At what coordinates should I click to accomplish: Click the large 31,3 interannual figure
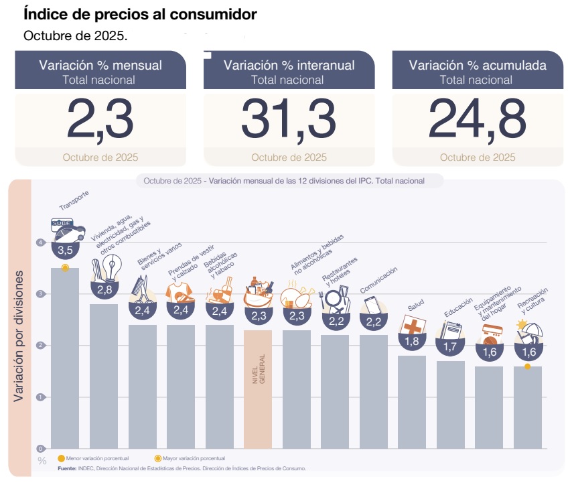(x=289, y=119)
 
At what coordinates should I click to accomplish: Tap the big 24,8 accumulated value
(x=477, y=119)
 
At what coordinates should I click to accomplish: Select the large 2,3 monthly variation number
(x=100, y=119)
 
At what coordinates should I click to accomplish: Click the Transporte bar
(x=65, y=358)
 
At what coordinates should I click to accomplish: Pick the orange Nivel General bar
(x=258, y=389)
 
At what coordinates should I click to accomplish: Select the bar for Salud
(x=412, y=402)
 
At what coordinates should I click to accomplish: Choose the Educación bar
(x=451, y=405)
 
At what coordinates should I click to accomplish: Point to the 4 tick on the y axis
(x=41, y=242)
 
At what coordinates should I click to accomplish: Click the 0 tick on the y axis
(x=41, y=449)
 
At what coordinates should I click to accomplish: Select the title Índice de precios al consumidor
(x=140, y=13)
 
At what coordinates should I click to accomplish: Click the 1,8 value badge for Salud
(x=412, y=342)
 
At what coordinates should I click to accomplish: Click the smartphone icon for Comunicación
(x=372, y=305)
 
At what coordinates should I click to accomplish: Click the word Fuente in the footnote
(x=67, y=468)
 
